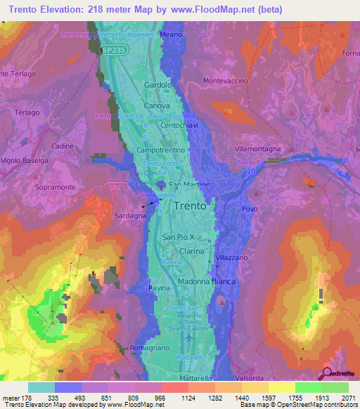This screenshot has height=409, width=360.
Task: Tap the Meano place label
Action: point(171,34)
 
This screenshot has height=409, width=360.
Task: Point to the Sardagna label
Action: point(131,216)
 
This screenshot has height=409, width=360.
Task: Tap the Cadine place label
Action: point(63,145)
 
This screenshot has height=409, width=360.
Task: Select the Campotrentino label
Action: point(160,150)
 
